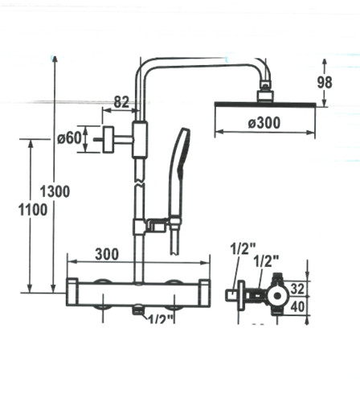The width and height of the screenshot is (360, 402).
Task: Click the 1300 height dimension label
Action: (55, 191)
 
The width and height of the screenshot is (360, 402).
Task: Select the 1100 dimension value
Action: (33, 210)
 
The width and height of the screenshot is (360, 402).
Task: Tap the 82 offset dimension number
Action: (121, 102)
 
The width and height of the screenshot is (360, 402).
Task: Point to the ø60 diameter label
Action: (69, 138)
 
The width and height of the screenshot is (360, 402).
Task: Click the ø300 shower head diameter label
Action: (264, 123)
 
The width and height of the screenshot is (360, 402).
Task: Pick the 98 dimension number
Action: (325, 82)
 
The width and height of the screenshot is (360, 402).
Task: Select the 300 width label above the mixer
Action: (107, 254)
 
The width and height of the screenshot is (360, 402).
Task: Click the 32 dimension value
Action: (297, 289)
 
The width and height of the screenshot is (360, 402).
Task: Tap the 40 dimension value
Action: (298, 307)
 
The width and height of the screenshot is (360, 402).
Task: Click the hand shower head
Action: (179, 153)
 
